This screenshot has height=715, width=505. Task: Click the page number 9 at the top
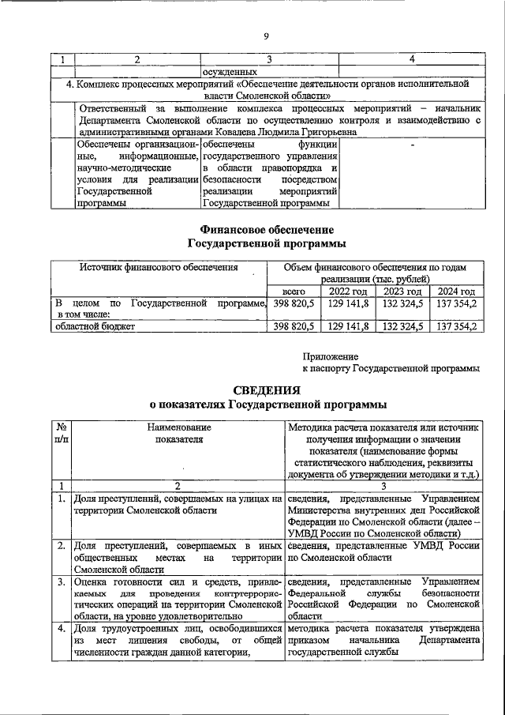tap(267, 36)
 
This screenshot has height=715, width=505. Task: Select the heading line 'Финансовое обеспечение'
tap(267, 229)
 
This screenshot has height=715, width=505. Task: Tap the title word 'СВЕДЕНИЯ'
tap(267, 390)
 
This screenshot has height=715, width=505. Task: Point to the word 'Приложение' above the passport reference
tap(331, 356)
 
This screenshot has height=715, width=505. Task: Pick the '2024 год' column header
tap(456, 292)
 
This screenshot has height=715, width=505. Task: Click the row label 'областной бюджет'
tap(95, 326)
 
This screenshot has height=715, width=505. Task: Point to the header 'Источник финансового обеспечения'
tap(159, 268)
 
